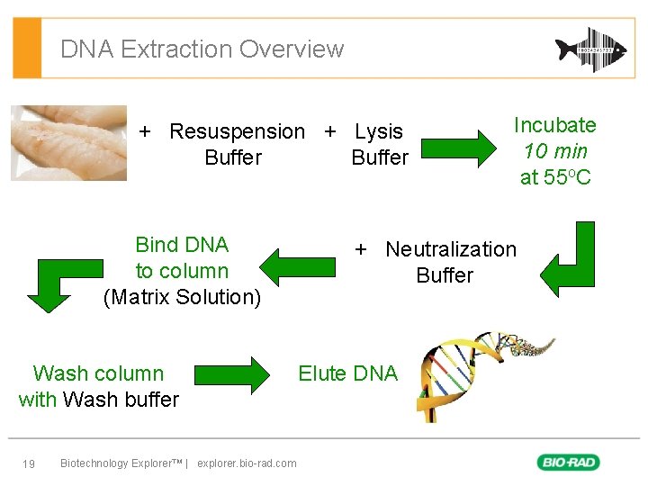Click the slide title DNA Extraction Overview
coord(202,49)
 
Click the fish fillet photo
coord(68,142)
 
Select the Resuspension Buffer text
coord(236,144)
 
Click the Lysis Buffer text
coord(379,144)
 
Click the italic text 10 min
coord(555,151)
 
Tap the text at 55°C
coord(555,177)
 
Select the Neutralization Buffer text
coord(445,262)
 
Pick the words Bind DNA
coord(182,245)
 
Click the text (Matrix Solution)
coord(182,297)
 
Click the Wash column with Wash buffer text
coord(99,386)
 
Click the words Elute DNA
coord(347,373)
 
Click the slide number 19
coord(29,463)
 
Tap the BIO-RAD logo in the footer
coord(569,463)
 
